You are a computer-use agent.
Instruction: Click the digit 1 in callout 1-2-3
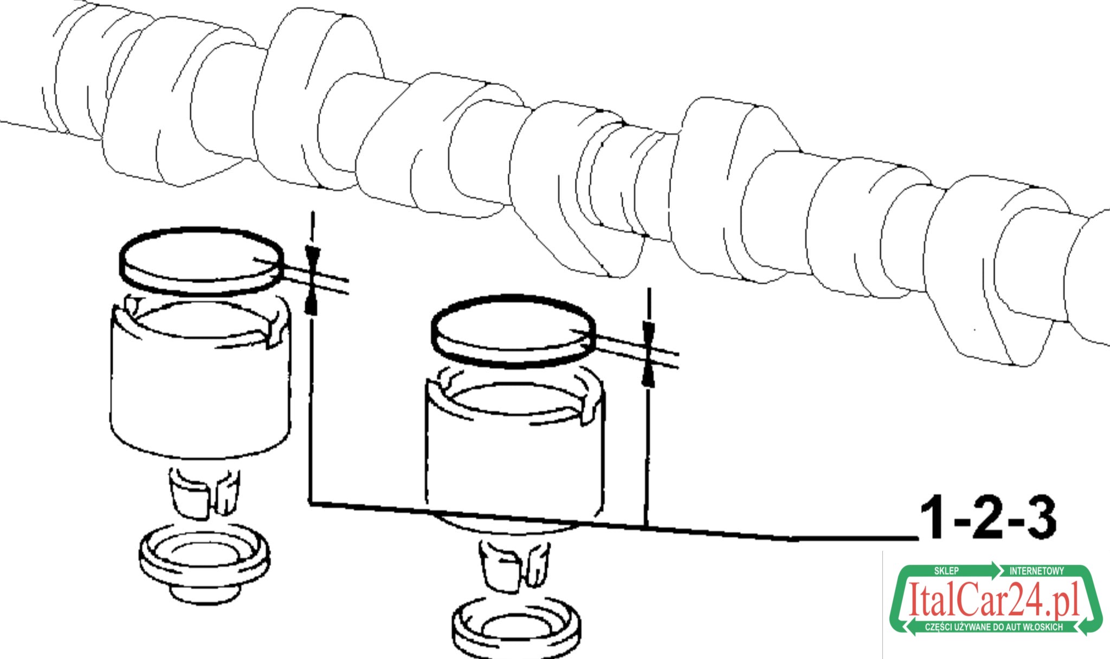coord(933,517)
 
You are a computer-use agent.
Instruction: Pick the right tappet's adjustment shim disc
coord(513,331)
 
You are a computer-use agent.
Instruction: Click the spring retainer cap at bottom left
coord(204,564)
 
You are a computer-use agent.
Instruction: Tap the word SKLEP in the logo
coord(946,571)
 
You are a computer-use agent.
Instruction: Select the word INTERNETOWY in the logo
coord(1036,571)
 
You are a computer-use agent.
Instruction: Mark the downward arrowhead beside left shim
coord(313,257)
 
